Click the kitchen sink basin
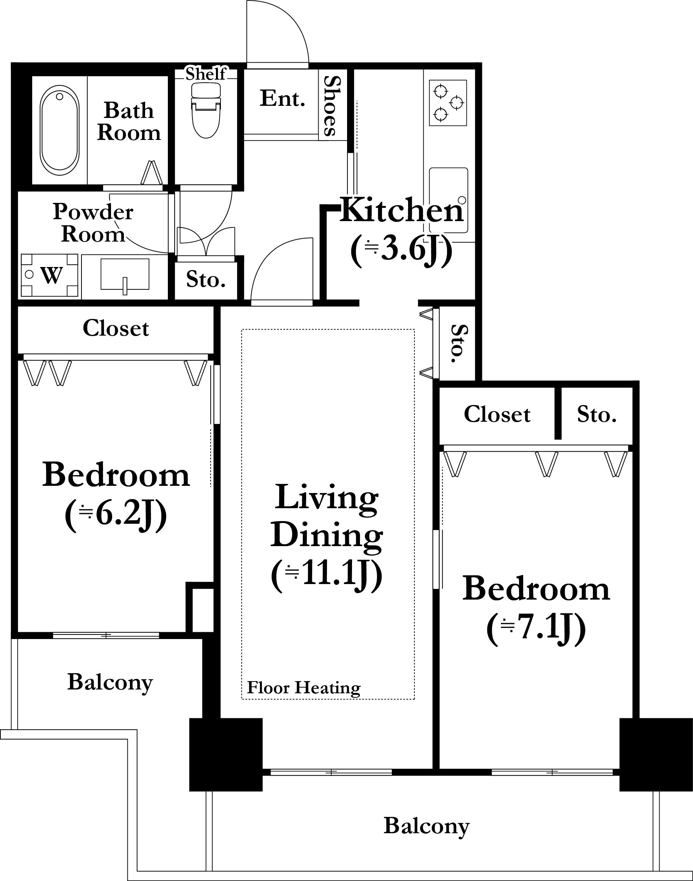pyautogui.click(x=449, y=200)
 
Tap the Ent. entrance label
pyautogui.click(x=282, y=98)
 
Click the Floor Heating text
pyautogui.click(x=304, y=688)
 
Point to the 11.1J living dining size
pyautogui.click(x=327, y=576)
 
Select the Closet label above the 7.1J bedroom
pyautogui.click(x=497, y=415)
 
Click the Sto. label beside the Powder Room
pyautogui.click(x=206, y=280)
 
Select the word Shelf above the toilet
pyautogui.click(x=206, y=74)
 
